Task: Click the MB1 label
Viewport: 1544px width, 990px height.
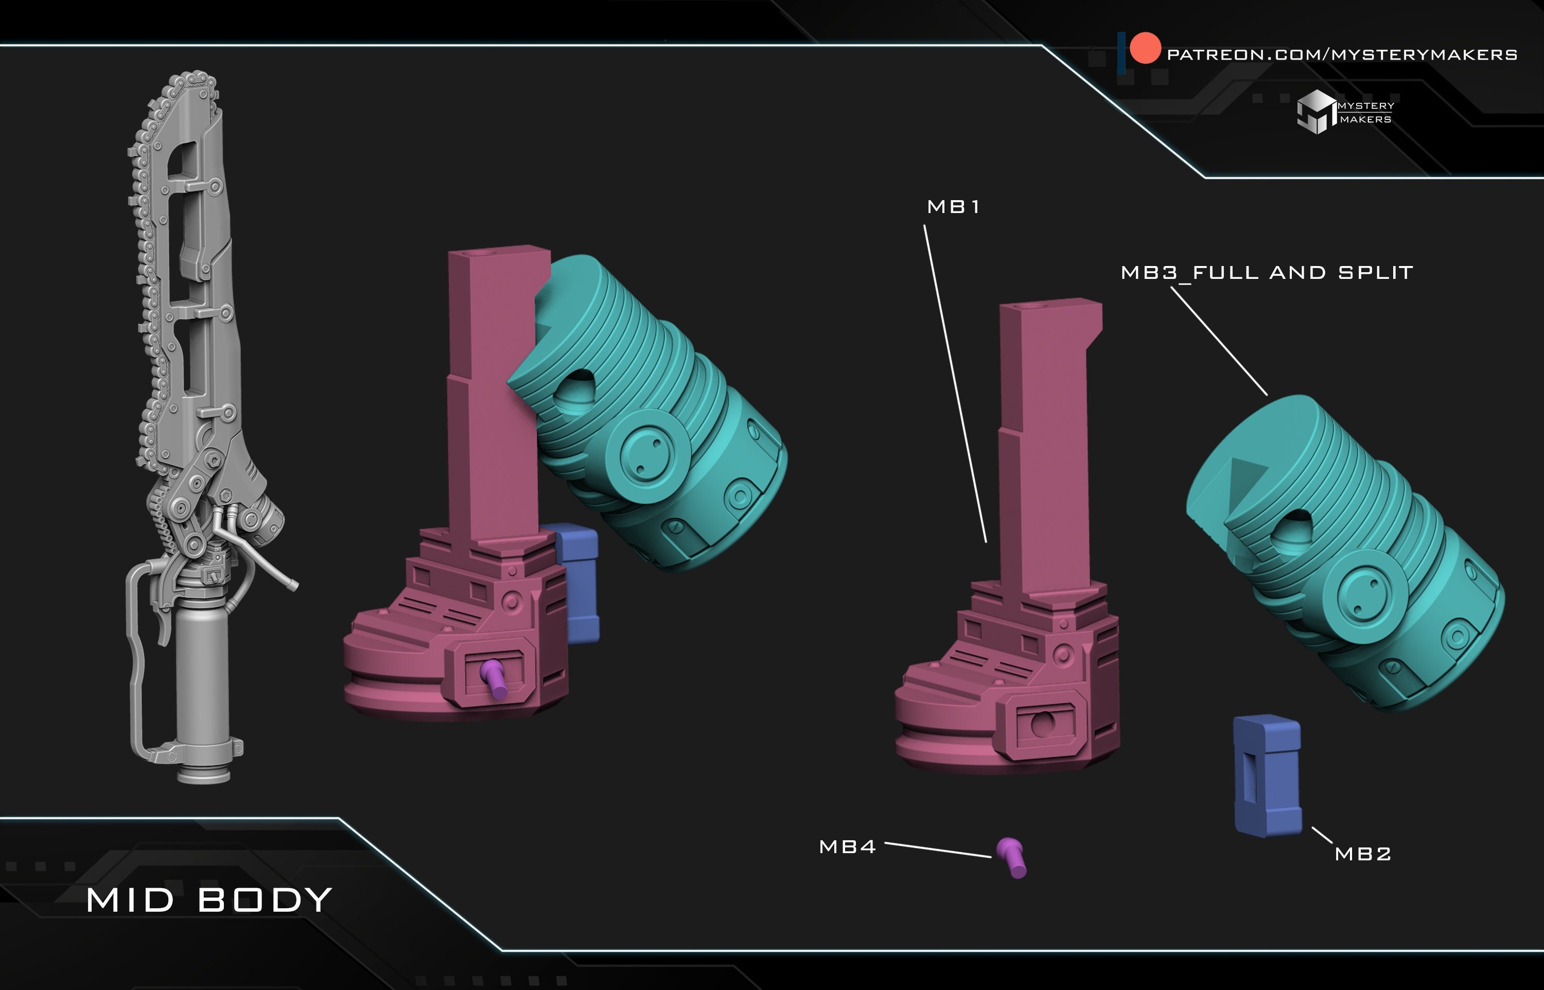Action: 953,207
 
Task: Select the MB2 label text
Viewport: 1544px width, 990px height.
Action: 1363,854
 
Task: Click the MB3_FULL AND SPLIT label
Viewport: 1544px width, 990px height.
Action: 1267,273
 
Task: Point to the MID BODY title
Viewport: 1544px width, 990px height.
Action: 209,900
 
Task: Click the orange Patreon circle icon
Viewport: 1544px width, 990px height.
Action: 1145,48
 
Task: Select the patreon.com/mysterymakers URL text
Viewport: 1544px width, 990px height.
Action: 1342,55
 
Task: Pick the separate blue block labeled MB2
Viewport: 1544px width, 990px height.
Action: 1268,776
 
